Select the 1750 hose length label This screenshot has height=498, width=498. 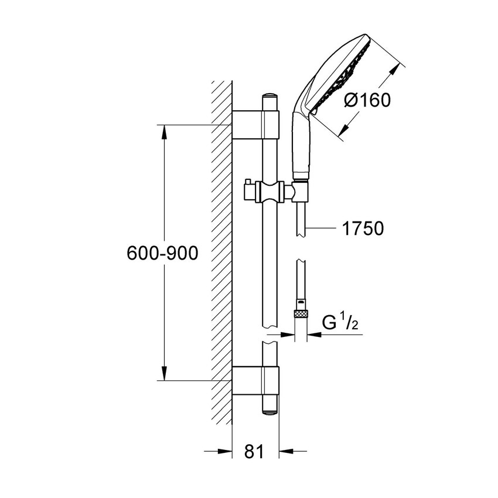[x=363, y=228]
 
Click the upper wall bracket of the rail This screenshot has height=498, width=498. [x=255, y=124]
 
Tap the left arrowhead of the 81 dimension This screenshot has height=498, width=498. [x=226, y=451]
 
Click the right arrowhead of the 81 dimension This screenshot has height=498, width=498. [x=285, y=451]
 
